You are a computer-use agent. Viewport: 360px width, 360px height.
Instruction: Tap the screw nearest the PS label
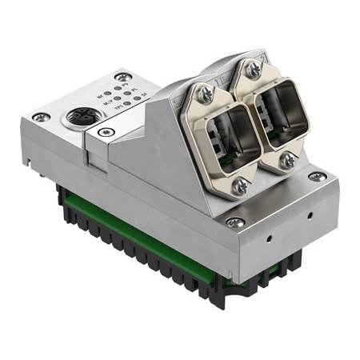[x=122, y=77]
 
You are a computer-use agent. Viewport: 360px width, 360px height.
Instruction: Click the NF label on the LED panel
[x=99, y=96]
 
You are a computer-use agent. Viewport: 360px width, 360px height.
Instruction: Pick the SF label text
[x=143, y=95]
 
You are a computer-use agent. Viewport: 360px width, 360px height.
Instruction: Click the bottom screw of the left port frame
[x=238, y=186]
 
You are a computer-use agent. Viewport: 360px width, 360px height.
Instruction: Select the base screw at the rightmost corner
[x=319, y=176]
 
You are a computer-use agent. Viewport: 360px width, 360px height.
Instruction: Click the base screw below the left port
[x=234, y=222]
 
